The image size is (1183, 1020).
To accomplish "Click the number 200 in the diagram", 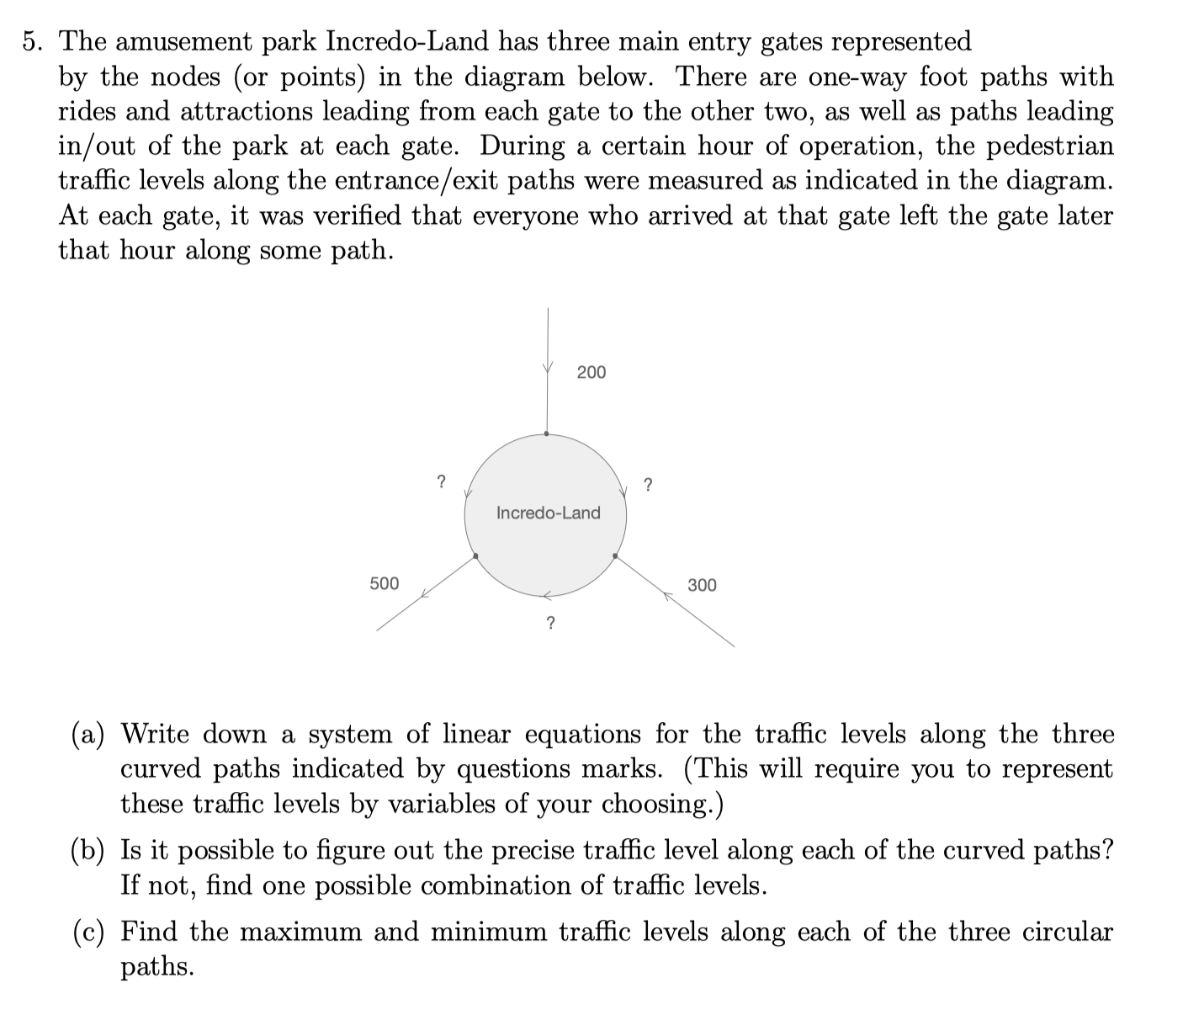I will click(x=591, y=372).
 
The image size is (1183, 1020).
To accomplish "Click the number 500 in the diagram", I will click(x=385, y=583).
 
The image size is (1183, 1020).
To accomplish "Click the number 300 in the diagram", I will click(x=702, y=585).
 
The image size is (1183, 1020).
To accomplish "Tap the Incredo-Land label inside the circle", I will click(x=548, y=513).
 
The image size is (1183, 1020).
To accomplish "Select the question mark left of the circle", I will click(x=440, y=482).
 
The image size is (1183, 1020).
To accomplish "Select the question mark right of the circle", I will click(x=647, y=485).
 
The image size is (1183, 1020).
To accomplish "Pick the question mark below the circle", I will click(x=550, y=624).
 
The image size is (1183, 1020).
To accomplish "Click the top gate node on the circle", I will click(x=547, y=434).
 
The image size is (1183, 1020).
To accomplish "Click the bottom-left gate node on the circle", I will click(x=475, y=556).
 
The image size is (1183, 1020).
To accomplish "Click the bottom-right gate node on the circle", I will click(x=616, y=556).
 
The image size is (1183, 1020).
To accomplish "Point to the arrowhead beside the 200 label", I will click(x=548, y=368).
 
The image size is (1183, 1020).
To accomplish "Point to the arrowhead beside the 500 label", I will click(x=426, y=593).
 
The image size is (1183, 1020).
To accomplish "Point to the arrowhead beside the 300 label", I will click(x=669, y=595).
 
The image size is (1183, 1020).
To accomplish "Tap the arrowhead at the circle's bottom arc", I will click(x=546, y=595).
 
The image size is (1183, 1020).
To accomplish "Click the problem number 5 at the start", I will click(x=32, y=41).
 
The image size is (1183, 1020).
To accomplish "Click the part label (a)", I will click(x=87, y=735).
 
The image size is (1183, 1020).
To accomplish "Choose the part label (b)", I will click(x=88, y=851).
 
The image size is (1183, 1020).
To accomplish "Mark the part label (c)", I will click(x=87, y=932).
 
